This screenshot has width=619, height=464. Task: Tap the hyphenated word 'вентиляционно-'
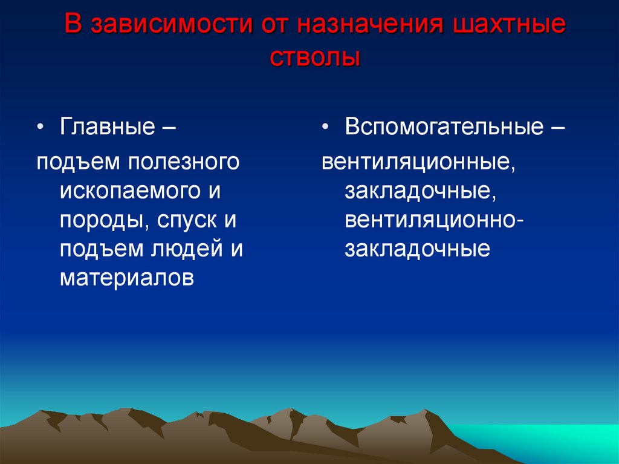click(x=435, y=221)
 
